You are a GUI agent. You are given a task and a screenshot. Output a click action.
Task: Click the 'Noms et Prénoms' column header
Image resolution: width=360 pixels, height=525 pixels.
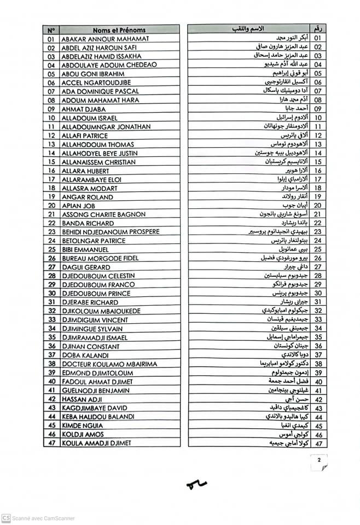click(119, 30)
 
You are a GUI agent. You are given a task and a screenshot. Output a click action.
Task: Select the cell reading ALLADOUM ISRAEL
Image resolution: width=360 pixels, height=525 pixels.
click(90, 118)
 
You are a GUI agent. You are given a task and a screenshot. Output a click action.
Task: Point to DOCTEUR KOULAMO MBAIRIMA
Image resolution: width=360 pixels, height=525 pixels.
click(109, 364)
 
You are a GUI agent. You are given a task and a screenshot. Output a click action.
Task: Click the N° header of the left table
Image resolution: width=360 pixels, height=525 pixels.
click(51, 30)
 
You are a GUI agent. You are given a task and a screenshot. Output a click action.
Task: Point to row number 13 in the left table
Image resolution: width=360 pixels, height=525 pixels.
click(51, 144)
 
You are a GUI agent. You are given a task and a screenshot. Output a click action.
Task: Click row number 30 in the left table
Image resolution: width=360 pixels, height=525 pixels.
click(51, 293)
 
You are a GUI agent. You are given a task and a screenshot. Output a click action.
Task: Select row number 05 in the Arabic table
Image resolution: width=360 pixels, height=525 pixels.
click(317, 73)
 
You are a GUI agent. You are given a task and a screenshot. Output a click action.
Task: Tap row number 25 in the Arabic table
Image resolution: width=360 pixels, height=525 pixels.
click(317, 249)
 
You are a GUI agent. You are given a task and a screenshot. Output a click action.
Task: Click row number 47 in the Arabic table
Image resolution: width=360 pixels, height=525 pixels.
click(317, 442)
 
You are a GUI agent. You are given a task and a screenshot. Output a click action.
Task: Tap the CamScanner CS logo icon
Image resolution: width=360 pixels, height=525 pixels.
click(6, 518)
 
